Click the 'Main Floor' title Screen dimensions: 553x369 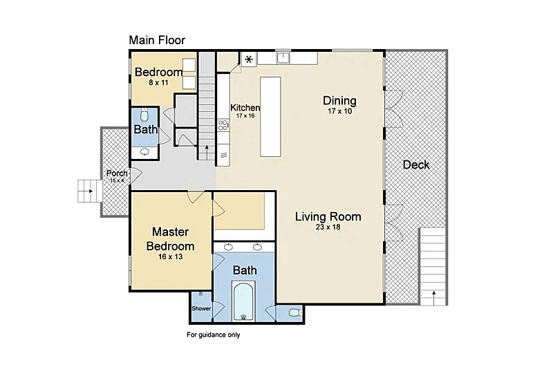point(157,40)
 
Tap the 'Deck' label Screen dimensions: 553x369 point(416,164)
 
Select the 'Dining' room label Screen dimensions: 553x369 point(339,100)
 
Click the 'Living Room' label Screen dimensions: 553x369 point(328,216)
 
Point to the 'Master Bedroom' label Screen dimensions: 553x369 point(170,238)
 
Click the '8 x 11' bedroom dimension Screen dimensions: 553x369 point(158,82)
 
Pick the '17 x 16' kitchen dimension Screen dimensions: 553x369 point(245,115)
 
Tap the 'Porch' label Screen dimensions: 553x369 point(117,173)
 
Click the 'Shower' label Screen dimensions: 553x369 point(201,308)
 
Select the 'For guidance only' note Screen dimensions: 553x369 point(214,334)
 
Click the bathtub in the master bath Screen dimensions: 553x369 point(243,301)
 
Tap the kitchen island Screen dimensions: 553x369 point(270,117)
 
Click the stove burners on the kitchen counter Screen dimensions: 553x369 point(223,125)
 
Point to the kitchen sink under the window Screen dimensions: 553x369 point(283,58)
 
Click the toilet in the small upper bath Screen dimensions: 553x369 point(144,115)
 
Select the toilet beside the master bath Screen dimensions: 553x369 point(295,312)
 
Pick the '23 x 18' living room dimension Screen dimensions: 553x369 point(328,227)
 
